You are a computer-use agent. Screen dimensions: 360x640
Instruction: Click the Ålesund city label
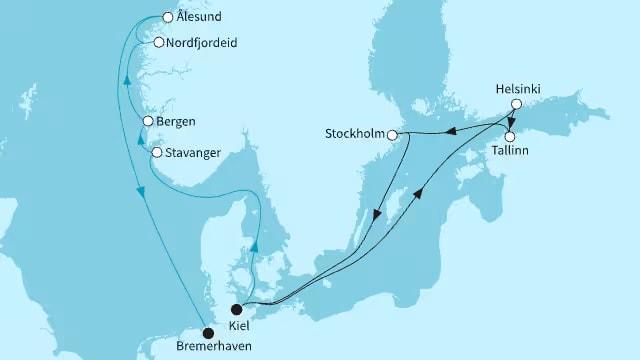[x=198, y=18]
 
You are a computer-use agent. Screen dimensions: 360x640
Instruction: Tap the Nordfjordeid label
[x=205, y=43]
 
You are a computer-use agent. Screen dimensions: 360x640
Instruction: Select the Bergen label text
[x=175, y=122]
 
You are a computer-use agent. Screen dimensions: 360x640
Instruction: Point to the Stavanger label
[x=194, y=153]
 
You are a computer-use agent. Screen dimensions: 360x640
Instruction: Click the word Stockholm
[x=353, y=133]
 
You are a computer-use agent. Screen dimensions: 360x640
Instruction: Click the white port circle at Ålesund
[x=167, y=18]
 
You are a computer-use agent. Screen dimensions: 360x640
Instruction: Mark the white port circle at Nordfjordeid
[x=158, y=42]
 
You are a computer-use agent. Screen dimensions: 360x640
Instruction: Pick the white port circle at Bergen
[x=148, y=122]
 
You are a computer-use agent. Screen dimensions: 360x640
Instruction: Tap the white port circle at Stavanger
[x=156, y=153]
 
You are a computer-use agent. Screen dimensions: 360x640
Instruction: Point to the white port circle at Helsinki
[x=516, y=104]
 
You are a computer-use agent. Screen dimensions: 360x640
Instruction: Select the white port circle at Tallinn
[x=510, y=137]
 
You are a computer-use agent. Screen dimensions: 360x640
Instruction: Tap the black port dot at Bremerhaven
[x=208, y=333]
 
